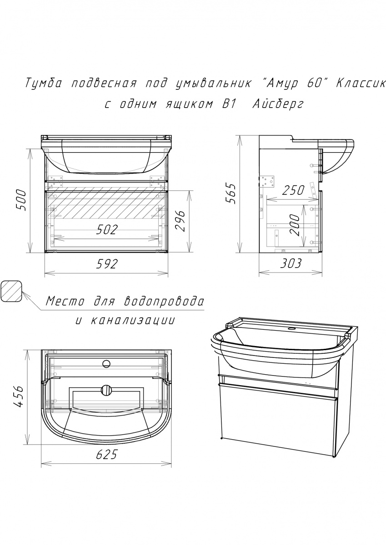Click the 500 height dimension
(x=21, y=200)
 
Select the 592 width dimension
(x=107, y=264)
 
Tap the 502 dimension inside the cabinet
(x=107, y=229)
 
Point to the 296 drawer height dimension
(x=180, y=222)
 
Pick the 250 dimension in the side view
(x=293, y=190)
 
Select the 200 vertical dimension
(x=295, y=225)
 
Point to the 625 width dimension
(x=107, y=454)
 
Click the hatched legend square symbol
(x=11, y=291)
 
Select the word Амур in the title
(x=282, y=84)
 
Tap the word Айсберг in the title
(x=278, y=104)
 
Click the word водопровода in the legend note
(x=164, y=302)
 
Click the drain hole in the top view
(x=106, y=389)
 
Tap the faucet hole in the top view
(x=106, y=364)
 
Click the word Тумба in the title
(x=43, y=84)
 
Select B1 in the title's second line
(x=228, y=104)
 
